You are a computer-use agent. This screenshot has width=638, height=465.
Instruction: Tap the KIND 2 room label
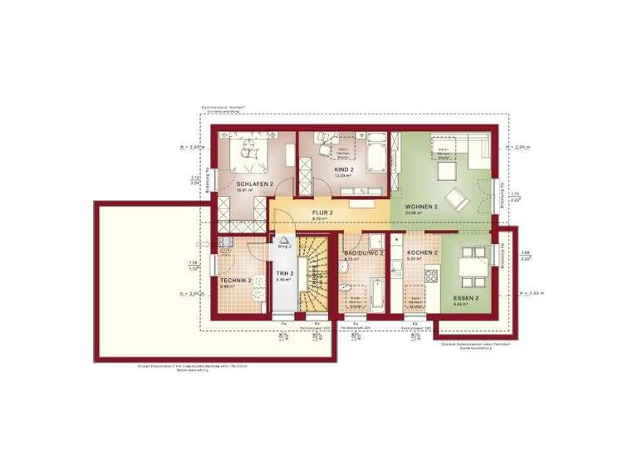pos(344,169)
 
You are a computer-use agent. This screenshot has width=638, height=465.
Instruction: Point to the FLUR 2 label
pos(322,213)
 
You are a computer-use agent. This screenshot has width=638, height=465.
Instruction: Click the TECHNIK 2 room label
pos(236,280)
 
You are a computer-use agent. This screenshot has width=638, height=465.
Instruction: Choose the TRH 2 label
pos(285,273)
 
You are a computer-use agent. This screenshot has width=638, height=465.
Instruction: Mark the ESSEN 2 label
pos(465,296)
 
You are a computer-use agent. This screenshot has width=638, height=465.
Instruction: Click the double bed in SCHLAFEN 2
pos(248,151)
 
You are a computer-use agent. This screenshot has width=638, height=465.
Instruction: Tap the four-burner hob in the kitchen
pos(430,275)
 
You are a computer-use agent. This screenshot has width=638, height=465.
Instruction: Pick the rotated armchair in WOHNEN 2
pos(456,199)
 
